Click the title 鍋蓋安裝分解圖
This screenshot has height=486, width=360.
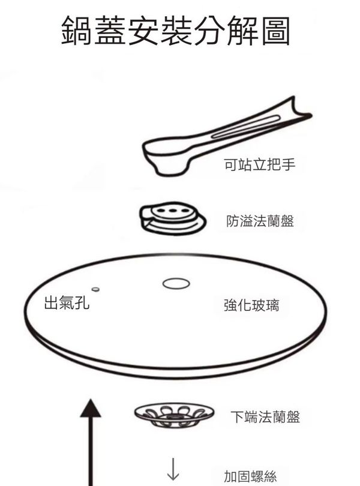(x=176, y=31)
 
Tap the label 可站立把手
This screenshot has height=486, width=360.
(x=260, y=164)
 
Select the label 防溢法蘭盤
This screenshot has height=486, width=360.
(x=260, y=221)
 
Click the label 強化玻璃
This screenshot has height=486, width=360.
(x=251, y=305)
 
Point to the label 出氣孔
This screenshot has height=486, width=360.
(x=67, y=302)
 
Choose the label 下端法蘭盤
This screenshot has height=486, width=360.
(x=265, y=416)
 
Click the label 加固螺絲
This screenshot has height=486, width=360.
(x=251, y=476)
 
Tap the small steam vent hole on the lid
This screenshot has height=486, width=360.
(x=95, y=289)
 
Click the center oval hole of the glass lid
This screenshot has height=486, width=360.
(x=176, y=283)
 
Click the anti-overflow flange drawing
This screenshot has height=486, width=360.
(x=173, y=218)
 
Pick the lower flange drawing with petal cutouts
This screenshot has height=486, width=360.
(x=174, y=415)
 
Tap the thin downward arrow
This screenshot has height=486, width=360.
(x=173, y=469)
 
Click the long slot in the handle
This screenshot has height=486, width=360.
(x=245, y=127)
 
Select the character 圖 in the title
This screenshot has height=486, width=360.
(x=275, y=31)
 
